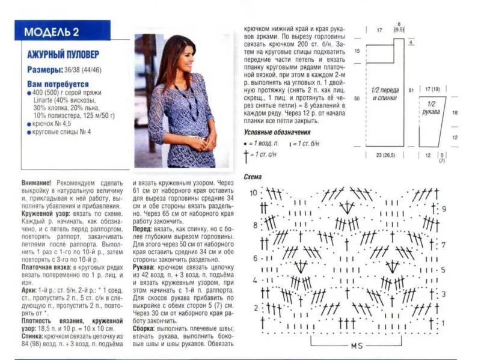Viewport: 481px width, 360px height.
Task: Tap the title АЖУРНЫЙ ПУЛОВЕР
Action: click(63, 55)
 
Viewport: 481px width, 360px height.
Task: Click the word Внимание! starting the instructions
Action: click(37, 182)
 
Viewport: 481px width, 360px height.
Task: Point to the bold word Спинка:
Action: click(34, 338)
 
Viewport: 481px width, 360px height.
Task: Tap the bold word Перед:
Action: click(142, 228)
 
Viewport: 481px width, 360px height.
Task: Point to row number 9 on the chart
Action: click(444, 209)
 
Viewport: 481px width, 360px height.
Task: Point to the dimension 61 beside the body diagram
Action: click(411, 89)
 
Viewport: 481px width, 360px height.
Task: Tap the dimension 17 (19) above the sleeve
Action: click(432, 89)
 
